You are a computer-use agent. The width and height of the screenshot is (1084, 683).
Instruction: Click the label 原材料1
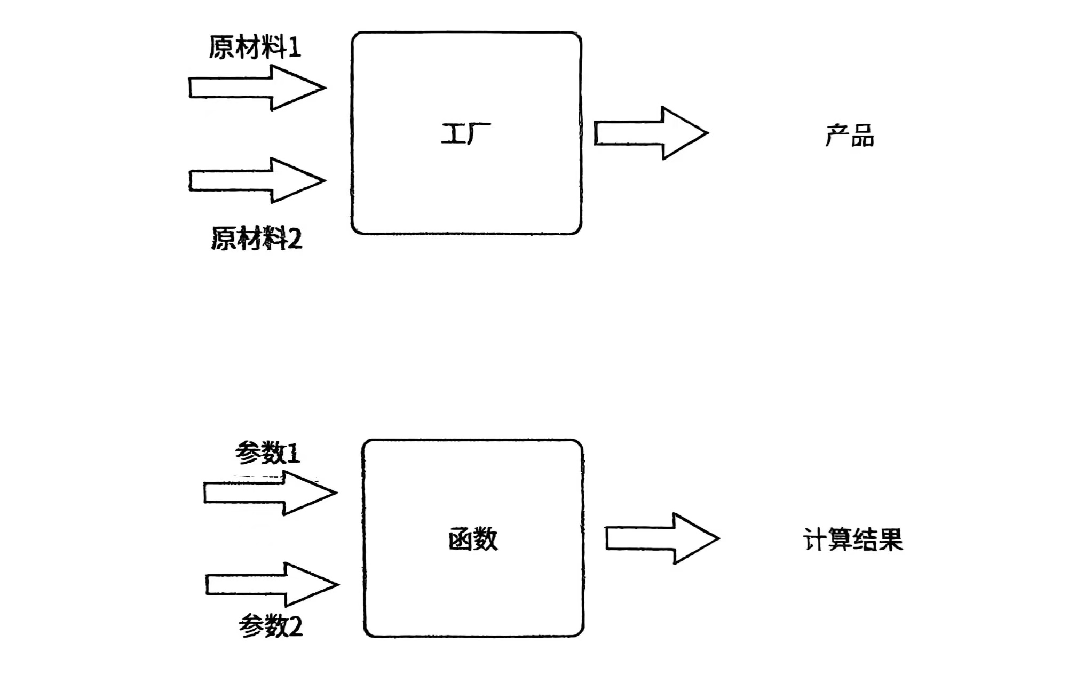255,47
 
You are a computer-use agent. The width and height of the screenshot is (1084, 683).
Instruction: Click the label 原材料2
257,238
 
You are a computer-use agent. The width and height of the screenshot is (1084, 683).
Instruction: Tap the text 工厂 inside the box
465,134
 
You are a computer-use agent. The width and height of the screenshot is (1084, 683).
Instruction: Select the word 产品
849,136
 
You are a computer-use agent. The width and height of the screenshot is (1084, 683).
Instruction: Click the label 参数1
267,454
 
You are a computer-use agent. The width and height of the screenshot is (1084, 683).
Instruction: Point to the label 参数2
271,625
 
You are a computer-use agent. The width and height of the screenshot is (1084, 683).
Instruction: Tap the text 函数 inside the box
473,539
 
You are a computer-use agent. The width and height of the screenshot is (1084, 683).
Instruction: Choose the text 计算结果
852,539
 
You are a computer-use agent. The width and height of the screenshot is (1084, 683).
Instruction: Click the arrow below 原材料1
256,88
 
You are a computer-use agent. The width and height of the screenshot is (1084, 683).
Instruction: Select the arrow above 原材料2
256,180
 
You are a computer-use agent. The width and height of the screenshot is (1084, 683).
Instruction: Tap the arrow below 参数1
270,493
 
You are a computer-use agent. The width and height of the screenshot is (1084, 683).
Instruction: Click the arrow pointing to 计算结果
661,538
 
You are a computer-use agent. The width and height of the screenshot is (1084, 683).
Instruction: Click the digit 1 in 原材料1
295,48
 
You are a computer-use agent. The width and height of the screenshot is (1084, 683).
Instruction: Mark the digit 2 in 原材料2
295,239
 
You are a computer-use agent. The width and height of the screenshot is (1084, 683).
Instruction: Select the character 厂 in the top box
478,134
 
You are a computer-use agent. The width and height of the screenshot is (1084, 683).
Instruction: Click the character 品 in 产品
862,136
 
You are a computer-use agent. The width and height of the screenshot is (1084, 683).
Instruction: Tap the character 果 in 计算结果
890,539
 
